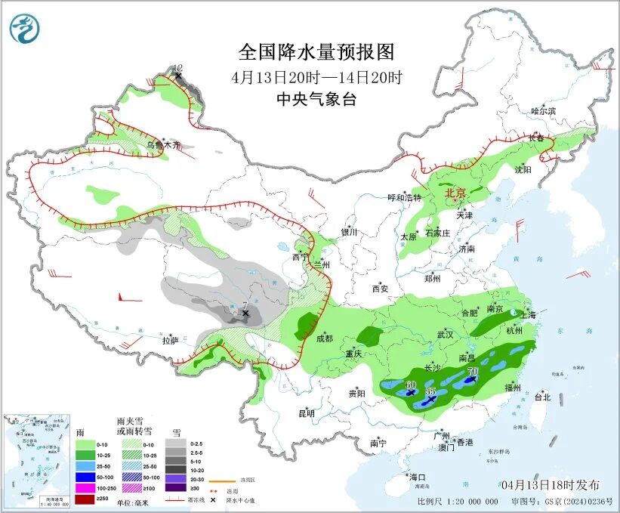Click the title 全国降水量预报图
pyautogui.click(x=316, y=52)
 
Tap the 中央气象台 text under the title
pyautogui.click(x=316, y=99)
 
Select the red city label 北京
pyautogui.click(x=456, y=193)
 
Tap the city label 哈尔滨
pyautogui.click(x=543, y=111)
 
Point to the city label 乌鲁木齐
pyautogui.click(x=164, y=144)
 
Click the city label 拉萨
pyautogui.click(x=170, y=341)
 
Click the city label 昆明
pyautogui.click(x=306, y=413)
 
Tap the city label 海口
pyautogui.click(x=418, y=477)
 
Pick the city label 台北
pyautogui.click(x=542, y=397)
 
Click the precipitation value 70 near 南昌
pyautogui.click(x=473, y=372)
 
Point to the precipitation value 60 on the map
pyautogui.click(x=411, y=385)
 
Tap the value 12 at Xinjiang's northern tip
pyautogui.click(x=178, y=68)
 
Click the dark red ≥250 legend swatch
pyautogui.click(x=85, y=499)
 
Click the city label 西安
pyautogui.click(x=379, y=289)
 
